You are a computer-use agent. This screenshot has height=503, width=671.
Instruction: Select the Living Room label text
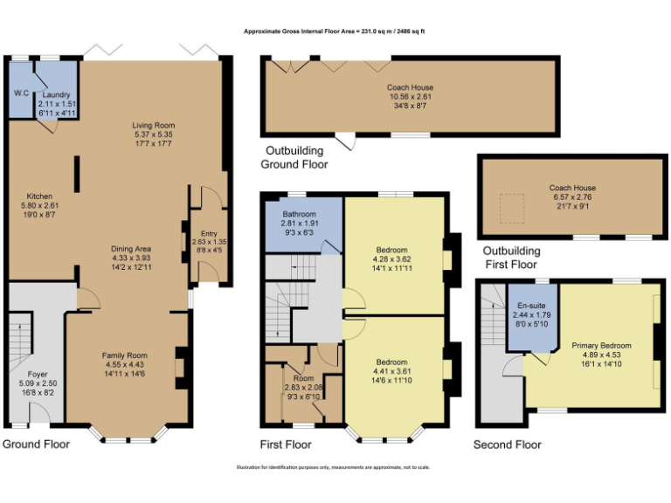pos(154,126)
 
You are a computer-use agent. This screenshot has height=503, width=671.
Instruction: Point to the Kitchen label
pos(39,196)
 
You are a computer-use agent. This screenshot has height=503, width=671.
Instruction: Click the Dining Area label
pos(132,248)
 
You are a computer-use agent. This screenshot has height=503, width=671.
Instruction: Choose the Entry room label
pos(209,233)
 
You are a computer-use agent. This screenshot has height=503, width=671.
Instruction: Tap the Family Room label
pos(124,355)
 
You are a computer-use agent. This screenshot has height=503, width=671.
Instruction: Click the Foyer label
pos(38,373)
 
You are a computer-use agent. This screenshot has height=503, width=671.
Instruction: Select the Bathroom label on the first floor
pos(300,214)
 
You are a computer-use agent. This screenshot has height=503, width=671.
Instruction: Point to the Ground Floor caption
pos(36,444)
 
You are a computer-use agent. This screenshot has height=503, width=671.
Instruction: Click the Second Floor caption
pos(507,445)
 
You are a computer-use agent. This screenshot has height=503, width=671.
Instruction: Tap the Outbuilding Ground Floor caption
pos(294,158)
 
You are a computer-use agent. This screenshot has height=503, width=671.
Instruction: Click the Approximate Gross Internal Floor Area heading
pos(335,31)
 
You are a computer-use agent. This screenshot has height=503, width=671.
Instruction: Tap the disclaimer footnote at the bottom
pos(335,467)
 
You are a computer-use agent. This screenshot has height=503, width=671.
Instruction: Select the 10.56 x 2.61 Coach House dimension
pos(410,97)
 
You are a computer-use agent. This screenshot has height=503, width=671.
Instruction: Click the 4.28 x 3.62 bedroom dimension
pos(392,259)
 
